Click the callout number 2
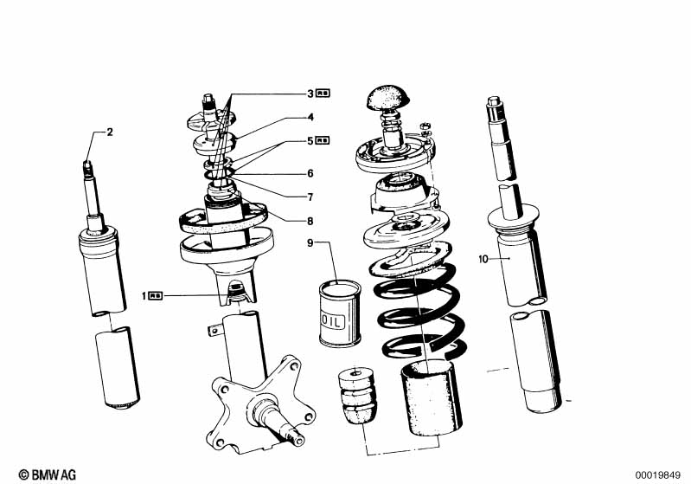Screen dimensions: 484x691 110,132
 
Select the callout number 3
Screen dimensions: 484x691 310,93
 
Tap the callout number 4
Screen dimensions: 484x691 310,117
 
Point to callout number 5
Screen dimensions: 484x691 310,140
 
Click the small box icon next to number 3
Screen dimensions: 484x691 323,93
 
